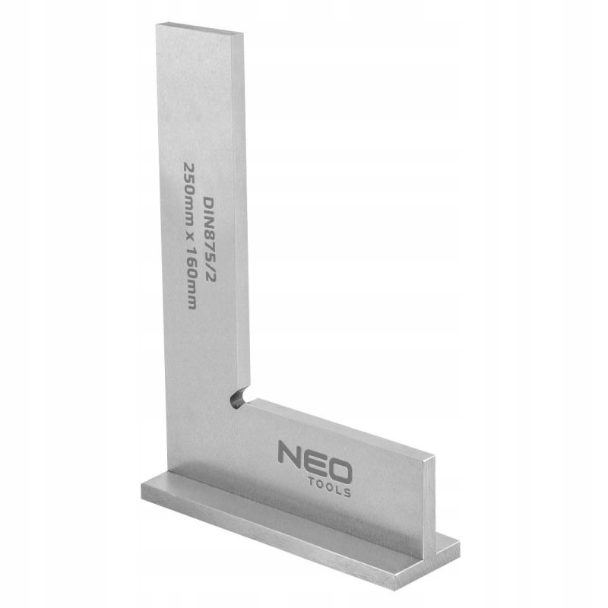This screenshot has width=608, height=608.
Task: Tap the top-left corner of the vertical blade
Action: click(x=157, y=25)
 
